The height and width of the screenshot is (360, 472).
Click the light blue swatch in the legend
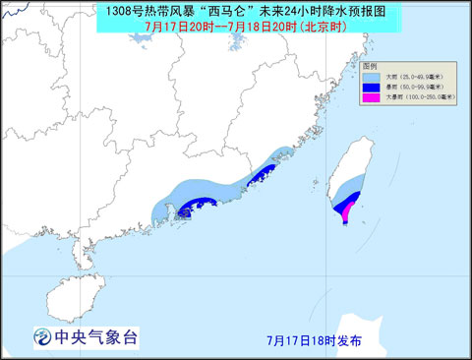click(372, 75)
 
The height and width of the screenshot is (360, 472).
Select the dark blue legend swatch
click(372, 87)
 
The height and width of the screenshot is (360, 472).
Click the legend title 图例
click(371, 64)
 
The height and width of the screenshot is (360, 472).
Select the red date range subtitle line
click(235, 27)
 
